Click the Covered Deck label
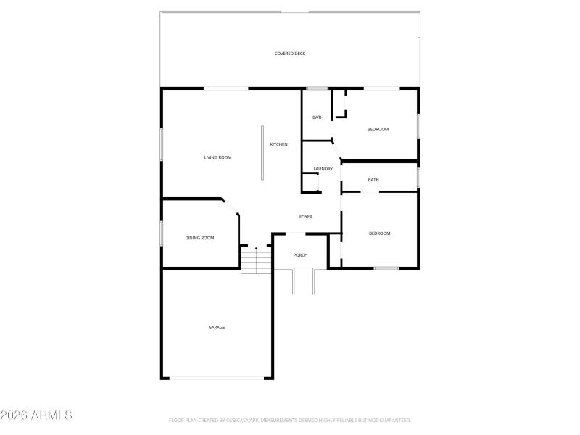click(x=289, y=54)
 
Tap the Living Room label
click(x=217, y=157)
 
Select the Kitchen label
click(x=279, y=144)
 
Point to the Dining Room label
click(x=199, y=238)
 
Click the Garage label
click(x=217, y=327)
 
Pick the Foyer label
click(x=306, y=217)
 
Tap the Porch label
click(x=300, y=255)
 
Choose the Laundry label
click(x=323, y=169)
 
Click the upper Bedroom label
click(x=378, y=129)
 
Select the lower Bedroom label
click(x=379, y=233)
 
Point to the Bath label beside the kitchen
click(x=318, y=117)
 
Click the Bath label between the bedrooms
click(x=373, y=180)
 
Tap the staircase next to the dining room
click(x=256, y=259)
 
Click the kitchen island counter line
click(x=262, y=152)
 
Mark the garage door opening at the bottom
click(x=217, y=378)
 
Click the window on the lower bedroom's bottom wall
click(x=386, y=268)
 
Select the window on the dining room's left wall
click(x=162, y=233)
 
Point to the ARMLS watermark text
click(x=36, y=415)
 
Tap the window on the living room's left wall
click(x=162, y=144)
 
